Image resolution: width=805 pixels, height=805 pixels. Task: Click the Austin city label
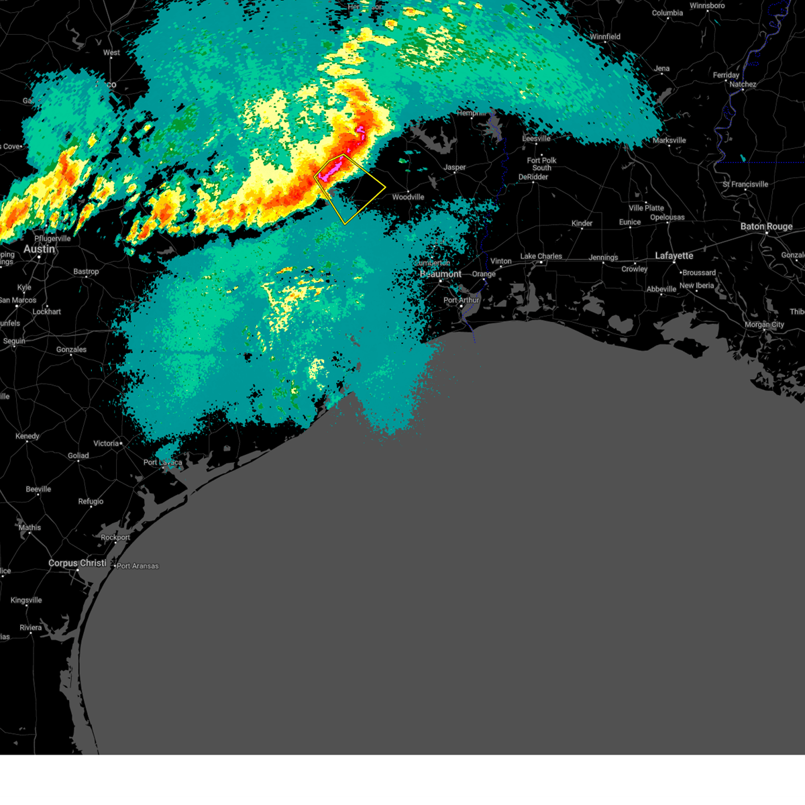tap(39, 249)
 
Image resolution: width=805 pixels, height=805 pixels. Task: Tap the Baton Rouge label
tap(766, 227)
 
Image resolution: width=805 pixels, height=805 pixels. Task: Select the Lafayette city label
tap(674, 256)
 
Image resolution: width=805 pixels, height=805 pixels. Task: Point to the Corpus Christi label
tap(77, 563)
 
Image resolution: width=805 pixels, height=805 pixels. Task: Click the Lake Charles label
tap(541, 256)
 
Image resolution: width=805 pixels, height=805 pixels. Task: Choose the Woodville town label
tap(408, 197)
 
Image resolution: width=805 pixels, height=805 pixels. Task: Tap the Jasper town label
tap(454, 168)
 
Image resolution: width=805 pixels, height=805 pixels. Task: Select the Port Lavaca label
tap(162, 462)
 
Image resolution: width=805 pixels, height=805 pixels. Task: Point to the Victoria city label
tap(106, 443)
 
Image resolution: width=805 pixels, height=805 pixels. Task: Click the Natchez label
tap(743, 85)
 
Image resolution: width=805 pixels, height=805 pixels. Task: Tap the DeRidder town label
tap(533, 177)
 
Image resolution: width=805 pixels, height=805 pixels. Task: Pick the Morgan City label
tap(764, 325)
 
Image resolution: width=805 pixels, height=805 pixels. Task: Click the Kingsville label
tap(26, 600)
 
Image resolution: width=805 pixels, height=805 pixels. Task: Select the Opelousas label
tap(667, 217)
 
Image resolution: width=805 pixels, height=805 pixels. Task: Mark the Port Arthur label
tap(461, 300)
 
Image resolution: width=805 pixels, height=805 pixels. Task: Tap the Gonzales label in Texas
tap(71, 350)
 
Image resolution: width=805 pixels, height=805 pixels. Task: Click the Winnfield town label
tap(605, 37)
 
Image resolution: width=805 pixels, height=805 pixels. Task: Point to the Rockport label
tap(115, 537)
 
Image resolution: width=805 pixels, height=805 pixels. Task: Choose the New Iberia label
tap(698, 286)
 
